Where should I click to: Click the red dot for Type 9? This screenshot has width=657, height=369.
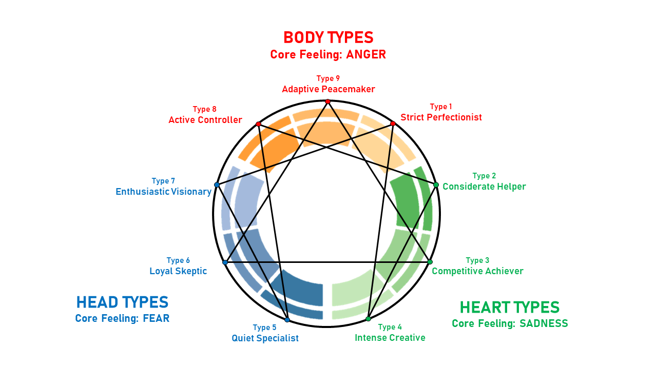point(327,101)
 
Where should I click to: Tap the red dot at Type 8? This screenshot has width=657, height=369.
point(258,124)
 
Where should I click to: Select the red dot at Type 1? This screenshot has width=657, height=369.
point(393,124)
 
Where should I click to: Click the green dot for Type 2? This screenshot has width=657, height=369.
point(436,184)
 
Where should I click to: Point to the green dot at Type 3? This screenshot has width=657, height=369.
point(430,262)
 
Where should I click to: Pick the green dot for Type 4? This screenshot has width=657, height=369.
point(368,319)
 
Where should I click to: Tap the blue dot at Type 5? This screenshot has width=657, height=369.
point(287,320)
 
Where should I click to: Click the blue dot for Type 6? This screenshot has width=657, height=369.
point(225,262)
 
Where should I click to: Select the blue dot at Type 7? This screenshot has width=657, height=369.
point(217,184)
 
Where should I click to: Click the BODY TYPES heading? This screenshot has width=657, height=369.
point(328,37)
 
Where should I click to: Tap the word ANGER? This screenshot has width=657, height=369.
point(366,54)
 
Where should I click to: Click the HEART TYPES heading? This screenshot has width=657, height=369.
point(509,307)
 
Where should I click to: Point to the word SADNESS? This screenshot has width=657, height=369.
point(544,323)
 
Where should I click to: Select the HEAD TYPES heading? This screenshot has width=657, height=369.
point(122,302)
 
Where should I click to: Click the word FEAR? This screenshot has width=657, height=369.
point(156,318)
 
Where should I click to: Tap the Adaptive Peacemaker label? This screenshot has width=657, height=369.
point(328,89)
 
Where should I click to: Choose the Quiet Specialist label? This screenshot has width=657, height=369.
point(265,338)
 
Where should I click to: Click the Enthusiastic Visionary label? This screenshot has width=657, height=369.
point(163,192)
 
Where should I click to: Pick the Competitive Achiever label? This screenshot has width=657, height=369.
point(477,271)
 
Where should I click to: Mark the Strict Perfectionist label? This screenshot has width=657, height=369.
point(441,117)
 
